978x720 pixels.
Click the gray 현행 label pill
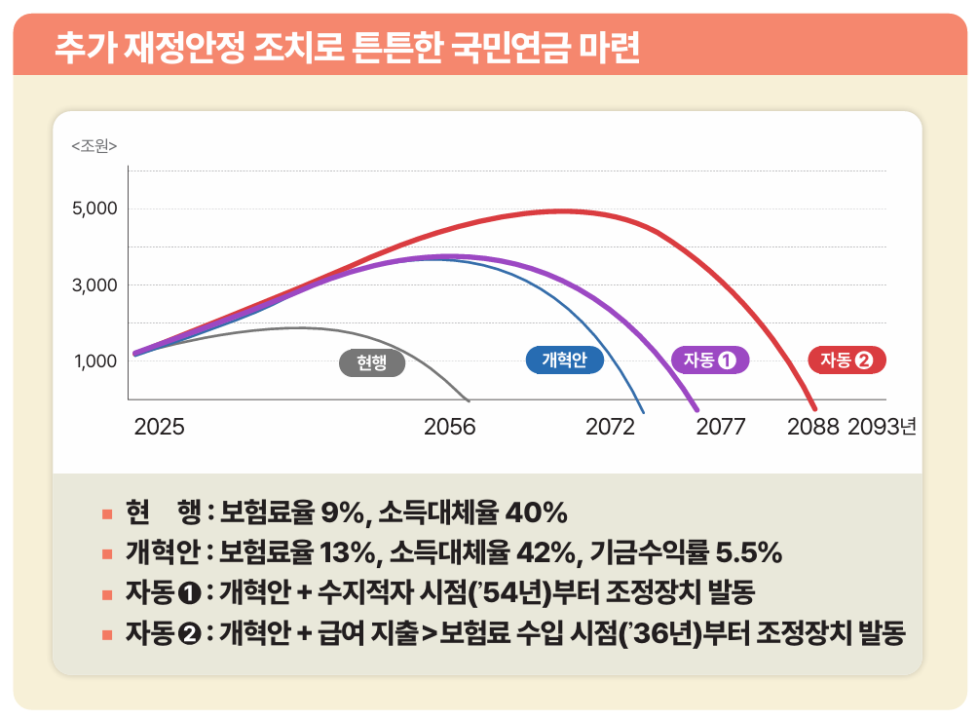[371, 363]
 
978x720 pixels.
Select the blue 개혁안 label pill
[565, 360]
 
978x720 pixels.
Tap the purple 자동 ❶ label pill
[710, 360]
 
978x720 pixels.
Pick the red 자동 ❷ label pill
[846, 360]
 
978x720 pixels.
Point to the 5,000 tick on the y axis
[94, 208]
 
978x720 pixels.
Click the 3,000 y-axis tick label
[94, 285]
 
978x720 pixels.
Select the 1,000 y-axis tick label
[94, 361]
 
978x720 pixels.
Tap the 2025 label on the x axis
[159, 427]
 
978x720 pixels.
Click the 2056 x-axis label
[450, 427]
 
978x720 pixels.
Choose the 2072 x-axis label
[610, 427]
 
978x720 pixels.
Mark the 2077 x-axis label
[721, 427]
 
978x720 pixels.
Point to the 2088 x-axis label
[813, 427]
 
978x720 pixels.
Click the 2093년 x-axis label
[883, 427]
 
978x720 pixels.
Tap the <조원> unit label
[94, 146]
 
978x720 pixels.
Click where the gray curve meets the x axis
[470, 399]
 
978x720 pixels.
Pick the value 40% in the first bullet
[535, 512]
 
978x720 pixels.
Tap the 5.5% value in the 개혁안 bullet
[748, 553]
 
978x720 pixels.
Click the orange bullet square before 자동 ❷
[107, 635]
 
